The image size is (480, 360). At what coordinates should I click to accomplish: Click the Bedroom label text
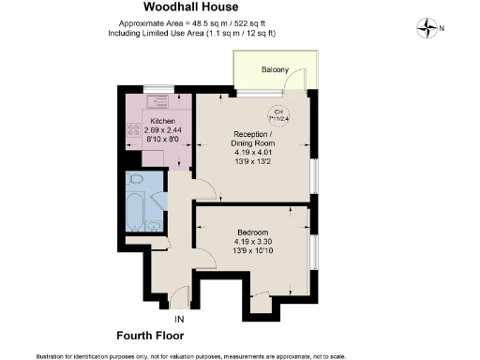pyautogui.click(x=253, y=232)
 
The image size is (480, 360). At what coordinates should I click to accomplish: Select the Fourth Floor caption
pyautogui.click(x=150, y=335)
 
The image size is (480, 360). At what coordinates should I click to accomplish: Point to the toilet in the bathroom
pyautogui.click(x=136, y=179)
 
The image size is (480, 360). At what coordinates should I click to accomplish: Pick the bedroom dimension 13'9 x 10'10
pyautogui.click(x=253, y=251)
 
